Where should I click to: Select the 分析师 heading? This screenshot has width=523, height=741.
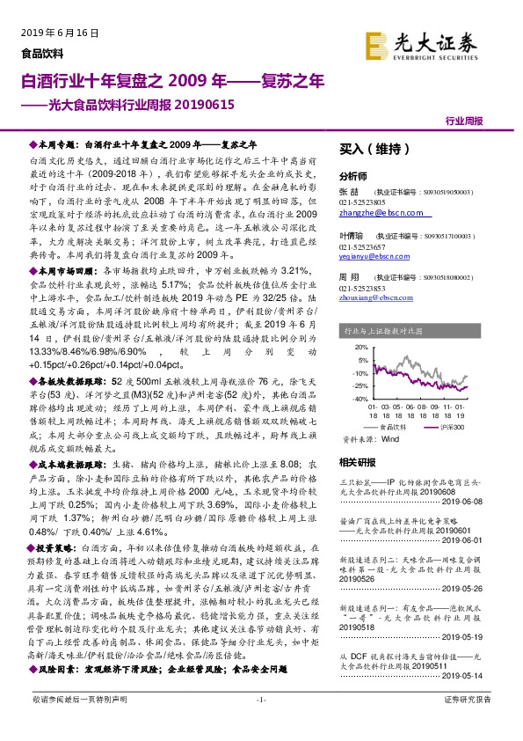tap(352, 176)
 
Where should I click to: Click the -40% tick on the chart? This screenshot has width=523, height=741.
tap(359, 397)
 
